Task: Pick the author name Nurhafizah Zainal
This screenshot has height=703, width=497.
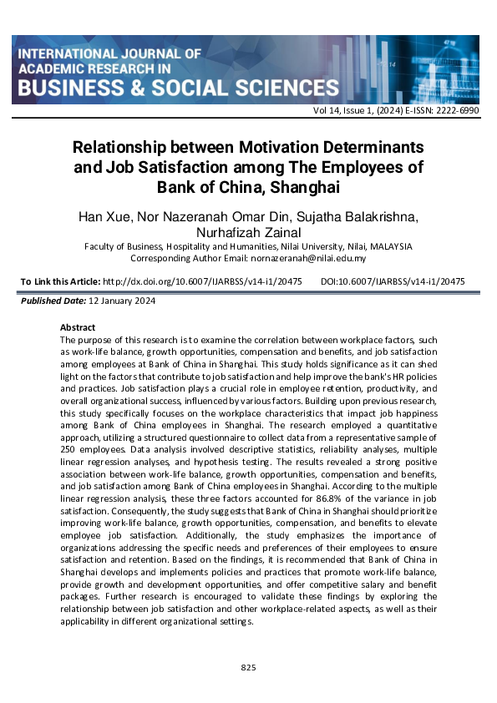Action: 248,233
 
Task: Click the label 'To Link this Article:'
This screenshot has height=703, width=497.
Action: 59,282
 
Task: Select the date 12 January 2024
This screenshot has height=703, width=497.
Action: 117,301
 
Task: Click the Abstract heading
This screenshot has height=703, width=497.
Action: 79,327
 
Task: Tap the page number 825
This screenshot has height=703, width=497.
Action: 248,668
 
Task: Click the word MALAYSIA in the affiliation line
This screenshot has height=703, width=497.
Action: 391,247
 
